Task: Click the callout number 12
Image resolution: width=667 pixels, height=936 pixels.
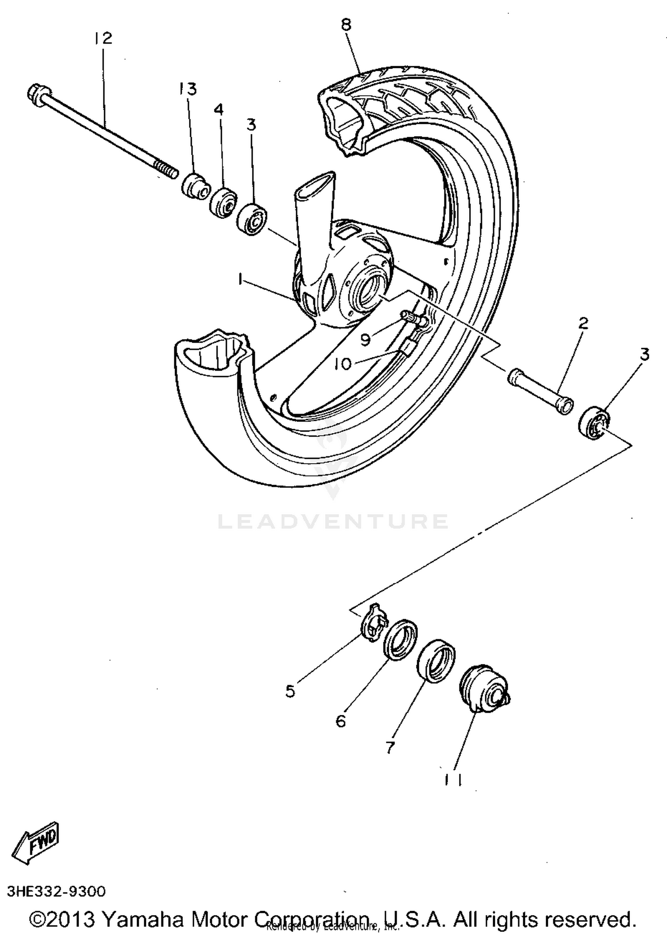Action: click(103, 38)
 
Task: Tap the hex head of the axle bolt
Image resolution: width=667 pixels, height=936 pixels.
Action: click(36, 94)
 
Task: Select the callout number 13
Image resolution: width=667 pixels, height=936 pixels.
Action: click(188, 89)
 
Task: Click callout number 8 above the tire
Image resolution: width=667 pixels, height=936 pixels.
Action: click(346, 24)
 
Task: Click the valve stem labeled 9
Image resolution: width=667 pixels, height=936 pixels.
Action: click(413, 319)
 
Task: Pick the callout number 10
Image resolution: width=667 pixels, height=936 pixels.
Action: click(342, 364)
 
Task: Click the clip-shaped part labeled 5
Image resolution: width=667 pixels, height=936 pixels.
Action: click(374, 622)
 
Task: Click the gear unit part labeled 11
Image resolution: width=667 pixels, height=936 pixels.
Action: click(484, 690)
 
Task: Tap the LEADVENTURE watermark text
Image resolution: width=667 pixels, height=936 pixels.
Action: click(333, 522)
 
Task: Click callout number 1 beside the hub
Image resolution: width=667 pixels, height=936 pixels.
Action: click(241, 279)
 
